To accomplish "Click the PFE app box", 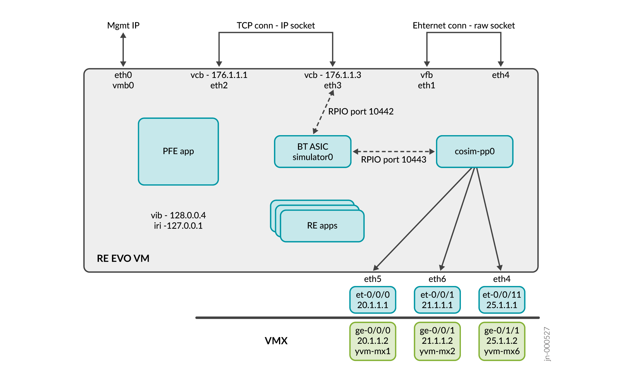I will click(178, 151).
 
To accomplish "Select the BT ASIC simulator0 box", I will click(313, 152).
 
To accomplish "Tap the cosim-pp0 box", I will click(474, 151).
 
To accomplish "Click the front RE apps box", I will click(322, 226).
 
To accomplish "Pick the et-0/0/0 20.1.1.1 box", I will click(373, 300).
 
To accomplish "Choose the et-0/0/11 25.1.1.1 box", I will click(502, 300).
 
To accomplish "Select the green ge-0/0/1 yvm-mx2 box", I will click(437, 341).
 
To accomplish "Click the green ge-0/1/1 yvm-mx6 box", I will click(502, 341).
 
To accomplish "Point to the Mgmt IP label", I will click(123, 25).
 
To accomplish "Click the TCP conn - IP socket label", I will click(275, 25).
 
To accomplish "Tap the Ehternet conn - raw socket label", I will click(464, 25).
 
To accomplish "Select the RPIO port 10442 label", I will click(361, 111).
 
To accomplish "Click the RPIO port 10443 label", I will click(393, 159).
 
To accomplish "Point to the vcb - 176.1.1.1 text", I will click(219, 75).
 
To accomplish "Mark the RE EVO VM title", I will click(123, 258).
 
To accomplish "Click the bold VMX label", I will click(276, 341).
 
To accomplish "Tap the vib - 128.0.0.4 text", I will click(178, 215).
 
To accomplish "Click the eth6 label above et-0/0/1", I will click(437, 279).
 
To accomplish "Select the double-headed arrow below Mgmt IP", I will click(123, 50).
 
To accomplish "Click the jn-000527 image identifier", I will click(547, 344).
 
